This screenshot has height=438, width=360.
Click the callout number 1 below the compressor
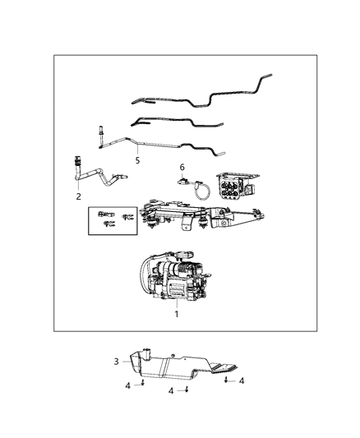[x=176, y=314]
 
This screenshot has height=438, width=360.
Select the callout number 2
[x=78, y=196]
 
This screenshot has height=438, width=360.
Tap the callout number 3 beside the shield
[x=116, y=362]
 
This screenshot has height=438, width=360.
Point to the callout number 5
[x=137, y=160]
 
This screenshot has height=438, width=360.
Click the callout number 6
[x=182, y=168]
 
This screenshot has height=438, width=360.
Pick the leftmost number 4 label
[x=127, y=385]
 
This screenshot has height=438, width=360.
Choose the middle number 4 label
[x=171, y=391]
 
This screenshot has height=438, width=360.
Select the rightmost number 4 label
[x=242, y=380]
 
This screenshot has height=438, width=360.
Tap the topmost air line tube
[x=205, y=95]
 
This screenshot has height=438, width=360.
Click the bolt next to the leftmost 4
[x=143, y=383]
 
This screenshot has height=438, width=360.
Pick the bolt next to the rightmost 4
[x=227, y=381]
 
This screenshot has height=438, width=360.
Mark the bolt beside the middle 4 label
[x=187, y=389]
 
